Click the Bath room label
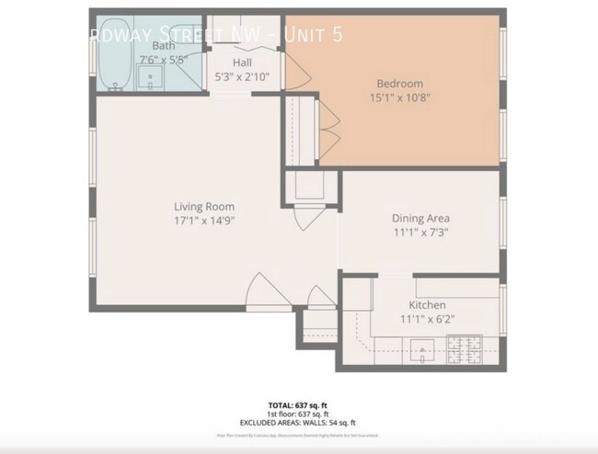click(164, 45)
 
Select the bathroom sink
click(151, 79)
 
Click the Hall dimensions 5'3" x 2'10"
click(242, 77)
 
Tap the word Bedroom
click(400, 84)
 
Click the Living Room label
click(204, 207)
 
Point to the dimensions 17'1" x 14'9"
click(204, 221)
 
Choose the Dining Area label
click(420, 219)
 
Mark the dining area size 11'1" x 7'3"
click(420, 233)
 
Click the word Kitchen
click(427, 305)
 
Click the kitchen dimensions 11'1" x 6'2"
click(427, 319)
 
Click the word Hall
click(242, 63)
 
